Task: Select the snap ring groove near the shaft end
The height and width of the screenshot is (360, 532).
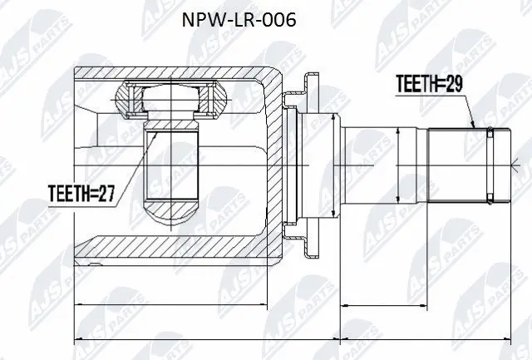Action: coord(491,164)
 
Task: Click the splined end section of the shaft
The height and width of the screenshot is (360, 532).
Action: coord(457,164)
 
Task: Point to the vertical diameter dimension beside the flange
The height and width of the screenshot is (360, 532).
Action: coord(336,164)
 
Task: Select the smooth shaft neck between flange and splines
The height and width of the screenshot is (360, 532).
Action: coord(374,164)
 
